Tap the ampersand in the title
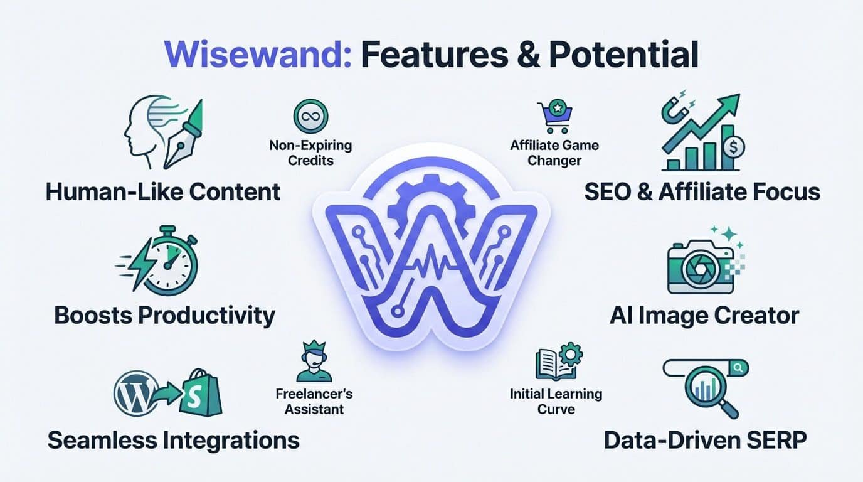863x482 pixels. (526, 55)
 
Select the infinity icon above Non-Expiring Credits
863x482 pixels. (310, 116)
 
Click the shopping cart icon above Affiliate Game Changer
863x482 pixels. (554, 117)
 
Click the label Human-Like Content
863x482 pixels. (163, 191)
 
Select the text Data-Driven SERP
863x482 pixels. (705, 441)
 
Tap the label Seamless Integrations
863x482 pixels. (173, 441)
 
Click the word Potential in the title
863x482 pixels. (623, 55)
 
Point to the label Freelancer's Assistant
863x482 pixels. (314, 402)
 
